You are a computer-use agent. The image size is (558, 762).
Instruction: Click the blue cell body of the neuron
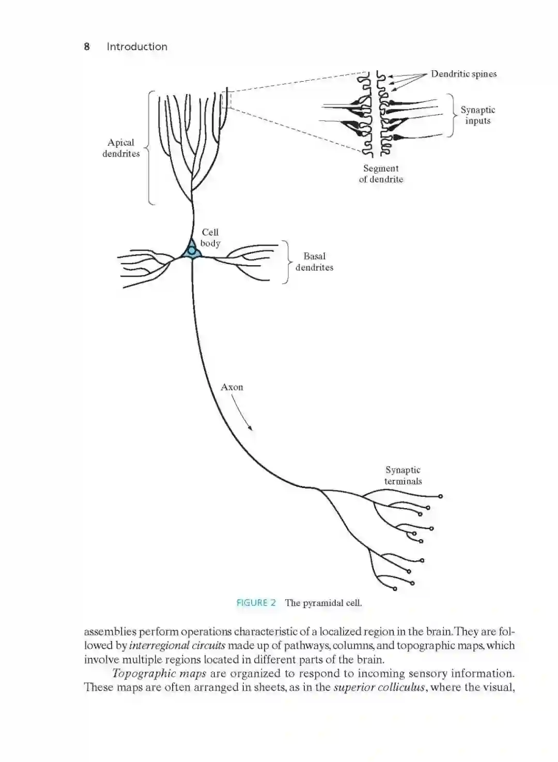[192, 251]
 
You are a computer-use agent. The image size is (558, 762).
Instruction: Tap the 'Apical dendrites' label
[121, 148]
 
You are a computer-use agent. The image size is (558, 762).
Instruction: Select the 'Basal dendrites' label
[314, 262]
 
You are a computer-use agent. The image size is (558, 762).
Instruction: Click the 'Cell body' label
[210, 237]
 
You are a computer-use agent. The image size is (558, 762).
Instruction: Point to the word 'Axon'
[231, 387]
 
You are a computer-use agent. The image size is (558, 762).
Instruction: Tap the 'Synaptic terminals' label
[403, 475]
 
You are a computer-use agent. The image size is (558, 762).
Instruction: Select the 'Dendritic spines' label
[463, 74]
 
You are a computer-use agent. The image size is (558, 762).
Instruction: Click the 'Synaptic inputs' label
[477, 115]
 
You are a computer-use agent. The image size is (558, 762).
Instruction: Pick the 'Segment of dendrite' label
[381, 174]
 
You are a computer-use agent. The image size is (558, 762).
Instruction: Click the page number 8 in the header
[87, 47]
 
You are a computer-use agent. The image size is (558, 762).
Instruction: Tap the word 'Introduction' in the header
[137, 47]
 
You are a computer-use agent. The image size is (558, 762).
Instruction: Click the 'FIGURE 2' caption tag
[256, 602]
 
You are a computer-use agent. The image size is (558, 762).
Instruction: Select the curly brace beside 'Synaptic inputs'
[451, 115]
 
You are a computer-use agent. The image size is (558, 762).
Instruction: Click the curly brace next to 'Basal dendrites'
[286, 262]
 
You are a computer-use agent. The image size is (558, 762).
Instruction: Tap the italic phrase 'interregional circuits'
[177, 645]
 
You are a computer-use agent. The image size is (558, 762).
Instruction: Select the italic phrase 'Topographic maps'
[159, 673]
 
